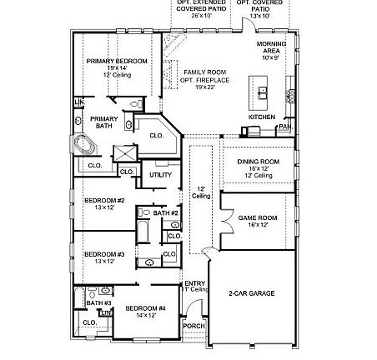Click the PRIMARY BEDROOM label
(117, 61)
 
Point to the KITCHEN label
(261, 117)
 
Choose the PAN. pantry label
(284, 127)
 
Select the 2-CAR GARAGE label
(251, 293)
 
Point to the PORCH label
(194, 326)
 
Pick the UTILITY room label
(160, 175)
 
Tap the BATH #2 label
(165, 213)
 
